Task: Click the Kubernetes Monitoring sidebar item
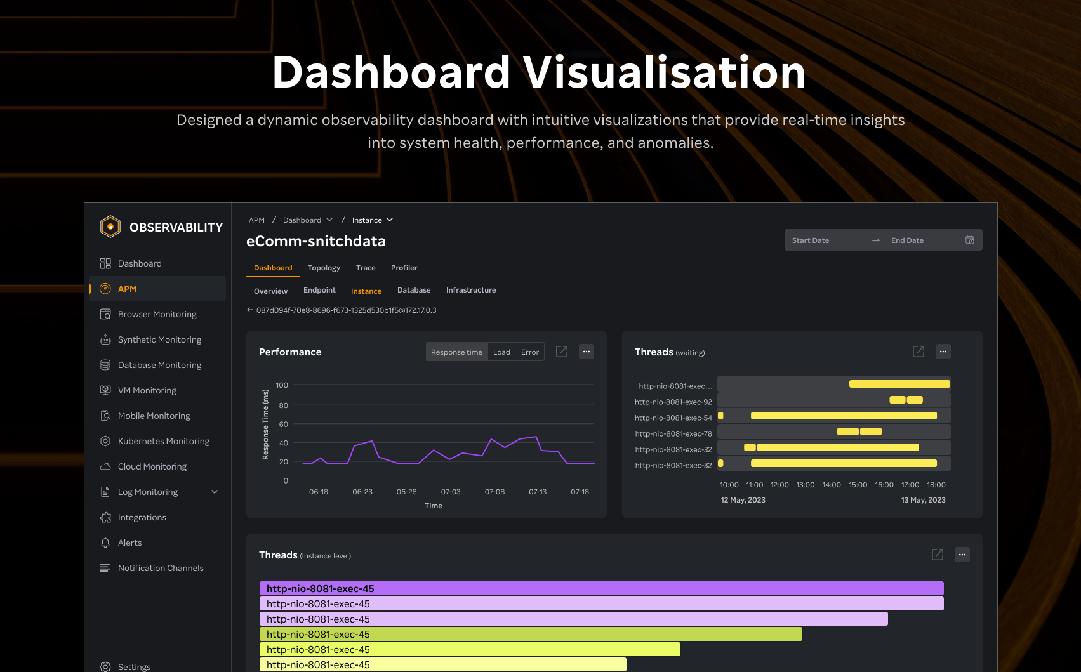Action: click(x=163, y=441)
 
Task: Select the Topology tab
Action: click(x=324, y=268)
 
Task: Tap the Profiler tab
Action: click(x=404, y=268)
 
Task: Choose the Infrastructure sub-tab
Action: click(x=470, y=290)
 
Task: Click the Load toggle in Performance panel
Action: click(x=501, y=352)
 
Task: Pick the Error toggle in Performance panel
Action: click(x=529, y=352)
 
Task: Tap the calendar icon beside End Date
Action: click(x=969, y=240)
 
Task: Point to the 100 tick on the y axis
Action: click(x=282, y=385)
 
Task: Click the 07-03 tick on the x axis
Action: click(x=451, y=492)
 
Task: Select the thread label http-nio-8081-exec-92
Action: click(x=673, y=402)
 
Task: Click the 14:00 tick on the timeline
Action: click(x=832, y=485)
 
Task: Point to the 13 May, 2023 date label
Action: click(x=923, y=500)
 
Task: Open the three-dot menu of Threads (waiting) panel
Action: click(x=943, y=352)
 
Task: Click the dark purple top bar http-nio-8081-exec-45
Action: click(x=601, y=588)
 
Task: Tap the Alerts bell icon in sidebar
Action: click(x=105, y=543)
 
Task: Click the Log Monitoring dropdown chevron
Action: click(x=215, y=492)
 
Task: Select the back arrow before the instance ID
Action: click(x=250, y=310)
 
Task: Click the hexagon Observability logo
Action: click(x=110, y=227)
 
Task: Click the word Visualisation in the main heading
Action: click(x=664, y=72)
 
